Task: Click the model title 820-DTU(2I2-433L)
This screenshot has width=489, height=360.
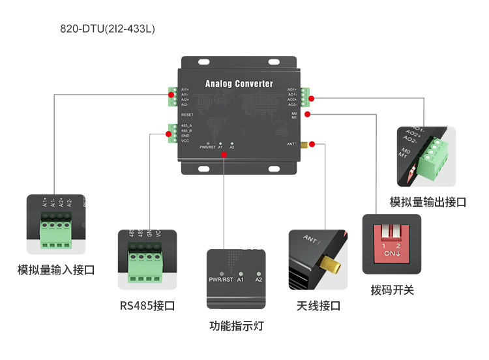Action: tap(108, 29)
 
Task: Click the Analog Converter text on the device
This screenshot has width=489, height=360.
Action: tap(239, 84)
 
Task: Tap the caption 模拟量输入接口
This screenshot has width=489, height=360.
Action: tap(56, 269)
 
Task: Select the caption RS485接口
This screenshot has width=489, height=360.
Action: tap(147, 305)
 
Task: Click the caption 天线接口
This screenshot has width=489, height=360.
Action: tap(318, 305)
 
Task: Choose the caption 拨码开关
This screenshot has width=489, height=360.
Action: tap(392, 290)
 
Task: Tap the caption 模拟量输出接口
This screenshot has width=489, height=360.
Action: tap(428, 202)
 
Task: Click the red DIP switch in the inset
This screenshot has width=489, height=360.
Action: tap(392, 240)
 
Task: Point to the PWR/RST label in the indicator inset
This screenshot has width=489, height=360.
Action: tap(220, 280)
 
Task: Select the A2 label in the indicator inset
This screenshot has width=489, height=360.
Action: tap(259, 280)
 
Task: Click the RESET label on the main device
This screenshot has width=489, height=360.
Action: tap(187, 114)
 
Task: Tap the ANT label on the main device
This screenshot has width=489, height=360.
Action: tap(291, 143)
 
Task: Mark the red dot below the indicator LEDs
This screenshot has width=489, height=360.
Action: tap(224, 155)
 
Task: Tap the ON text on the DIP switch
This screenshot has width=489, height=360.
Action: tap(390, 252)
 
